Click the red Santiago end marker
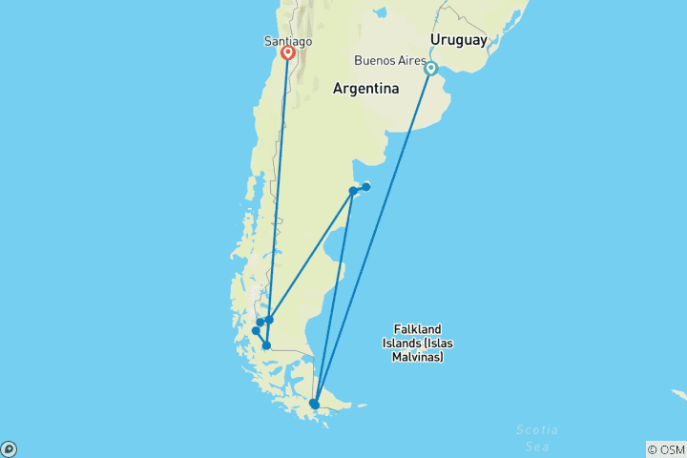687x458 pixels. click(x=287, y=54)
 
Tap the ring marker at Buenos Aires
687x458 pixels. click(x=431, y=69)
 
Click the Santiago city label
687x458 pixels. click(x=287, y=41)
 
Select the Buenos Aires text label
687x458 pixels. click(x=389, y=60)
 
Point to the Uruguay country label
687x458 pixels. click(x=458, y=39)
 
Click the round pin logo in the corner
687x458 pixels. click(x=9, y=448)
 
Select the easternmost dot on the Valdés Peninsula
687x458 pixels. click(x=366, y=186)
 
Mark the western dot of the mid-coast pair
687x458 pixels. click(x=353, y=191)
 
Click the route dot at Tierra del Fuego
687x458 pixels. click(x=315, y=405)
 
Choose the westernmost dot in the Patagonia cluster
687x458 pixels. click(x=256, y=331)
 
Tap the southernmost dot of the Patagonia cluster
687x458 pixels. click(x=266, y=345)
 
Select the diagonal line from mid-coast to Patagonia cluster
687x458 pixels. click(x=311, y=255)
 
